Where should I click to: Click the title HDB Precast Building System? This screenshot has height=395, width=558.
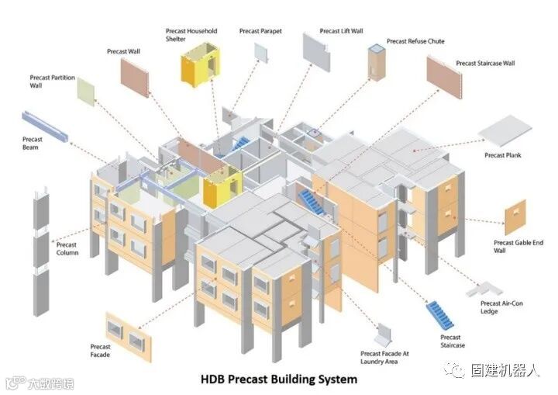coord(279,379)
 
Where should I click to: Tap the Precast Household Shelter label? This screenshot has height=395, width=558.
coord(191,36)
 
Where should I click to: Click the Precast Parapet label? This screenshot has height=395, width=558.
coord(260,31)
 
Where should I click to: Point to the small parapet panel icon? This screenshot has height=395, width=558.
coord(260,52)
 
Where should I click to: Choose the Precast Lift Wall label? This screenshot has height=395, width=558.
coord(340,32)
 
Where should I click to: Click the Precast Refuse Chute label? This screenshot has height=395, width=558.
coord(415,41)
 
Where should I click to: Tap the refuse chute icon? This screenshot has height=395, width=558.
coord(377,62)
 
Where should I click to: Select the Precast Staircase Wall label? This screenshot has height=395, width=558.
coord(485,63)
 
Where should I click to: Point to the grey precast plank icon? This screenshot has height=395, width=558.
coord(505,130)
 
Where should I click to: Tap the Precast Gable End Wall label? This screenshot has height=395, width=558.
coord(518,247)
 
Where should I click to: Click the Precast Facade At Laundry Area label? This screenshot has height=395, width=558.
coord(384,357)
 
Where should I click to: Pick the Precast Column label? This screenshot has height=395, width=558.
coord(67,249)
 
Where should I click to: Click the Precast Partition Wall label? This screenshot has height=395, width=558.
coord(52,81)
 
